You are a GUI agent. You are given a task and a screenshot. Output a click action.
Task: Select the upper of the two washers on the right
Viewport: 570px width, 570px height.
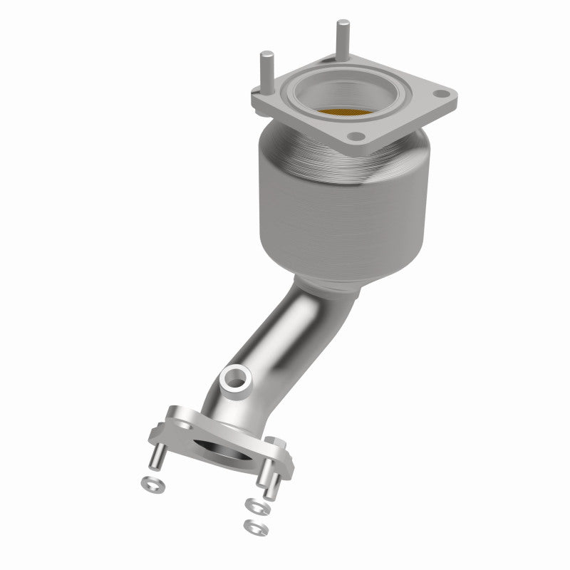point(254,506)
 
